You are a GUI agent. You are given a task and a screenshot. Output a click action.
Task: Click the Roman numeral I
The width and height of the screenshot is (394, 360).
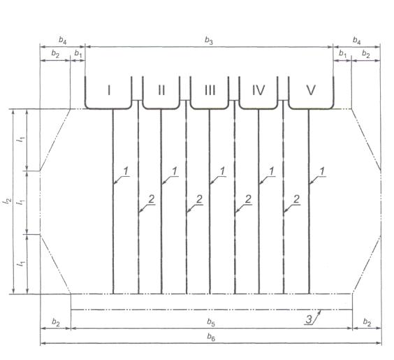pos(109,90)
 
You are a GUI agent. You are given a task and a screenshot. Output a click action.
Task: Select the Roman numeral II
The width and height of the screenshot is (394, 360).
pos(161,90)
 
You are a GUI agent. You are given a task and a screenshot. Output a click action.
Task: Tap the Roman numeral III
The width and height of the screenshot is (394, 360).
pos(210,90)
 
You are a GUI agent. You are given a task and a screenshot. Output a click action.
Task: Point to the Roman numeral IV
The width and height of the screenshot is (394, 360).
pos(258,90)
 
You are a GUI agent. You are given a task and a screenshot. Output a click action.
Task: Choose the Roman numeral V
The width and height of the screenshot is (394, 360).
pos(311,90)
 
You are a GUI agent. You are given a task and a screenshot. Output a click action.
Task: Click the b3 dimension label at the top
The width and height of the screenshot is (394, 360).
pos(209,41)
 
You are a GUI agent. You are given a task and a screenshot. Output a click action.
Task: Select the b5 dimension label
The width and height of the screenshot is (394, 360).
pos(211,322)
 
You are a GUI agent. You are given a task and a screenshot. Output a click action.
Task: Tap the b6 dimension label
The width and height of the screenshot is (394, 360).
pos(211,337)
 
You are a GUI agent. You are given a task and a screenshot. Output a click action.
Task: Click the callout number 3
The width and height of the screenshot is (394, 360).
pos(309,319)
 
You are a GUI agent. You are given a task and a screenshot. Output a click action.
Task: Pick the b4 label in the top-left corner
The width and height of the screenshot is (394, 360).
pos(63,41)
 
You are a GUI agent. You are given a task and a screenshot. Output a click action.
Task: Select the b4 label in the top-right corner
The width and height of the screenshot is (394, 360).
pos(356,41)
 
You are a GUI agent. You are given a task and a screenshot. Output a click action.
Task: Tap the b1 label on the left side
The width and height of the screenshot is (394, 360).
pos(78,54)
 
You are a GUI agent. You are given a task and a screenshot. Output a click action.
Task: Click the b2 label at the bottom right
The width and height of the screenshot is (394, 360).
pos(367,322)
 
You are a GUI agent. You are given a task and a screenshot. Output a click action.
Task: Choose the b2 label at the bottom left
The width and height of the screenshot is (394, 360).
pos(56,322)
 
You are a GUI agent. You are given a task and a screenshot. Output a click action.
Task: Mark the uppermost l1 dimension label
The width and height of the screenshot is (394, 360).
pos(21,140)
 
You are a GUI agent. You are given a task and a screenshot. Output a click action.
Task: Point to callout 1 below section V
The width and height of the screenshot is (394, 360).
pos(322,171)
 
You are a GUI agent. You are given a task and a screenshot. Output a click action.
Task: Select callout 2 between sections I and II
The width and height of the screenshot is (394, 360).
pos(152,200)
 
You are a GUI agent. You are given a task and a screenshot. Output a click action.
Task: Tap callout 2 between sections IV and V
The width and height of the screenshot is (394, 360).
pos(296,199)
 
